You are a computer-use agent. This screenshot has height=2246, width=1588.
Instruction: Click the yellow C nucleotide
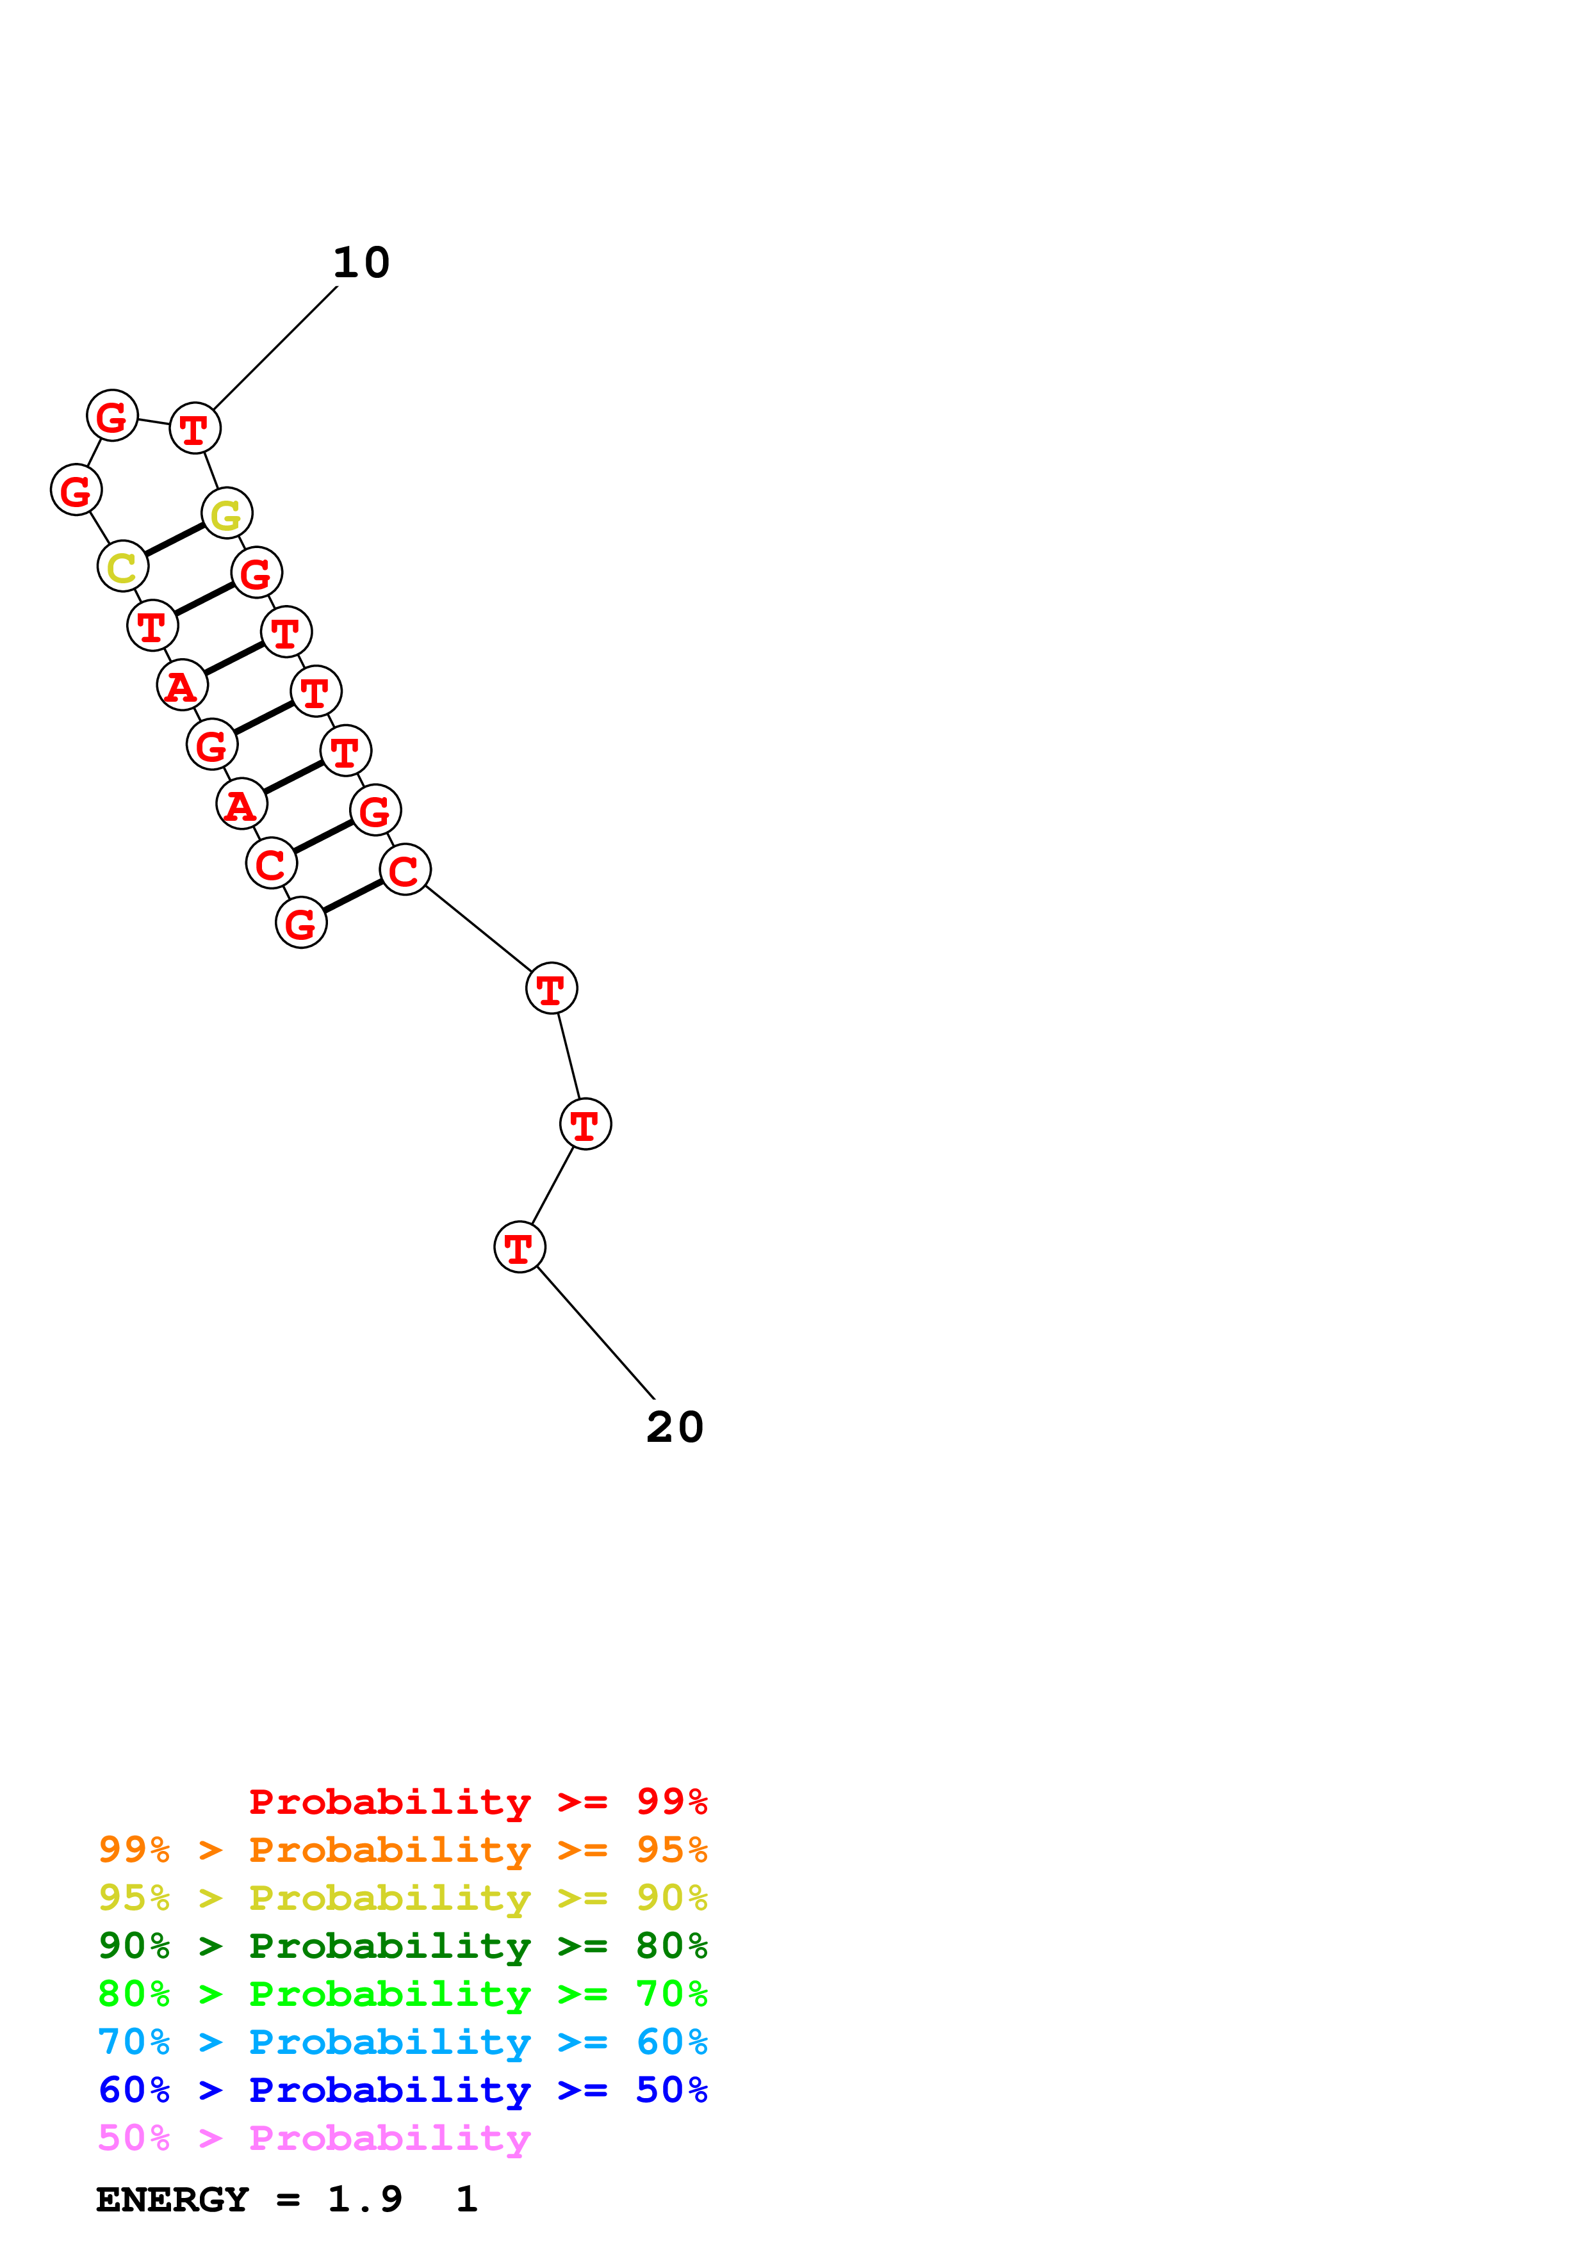pyautogui.click(x=122, y=567)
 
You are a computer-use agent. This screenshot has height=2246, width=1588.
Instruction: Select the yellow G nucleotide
pyautogui.click(x=227, y=513)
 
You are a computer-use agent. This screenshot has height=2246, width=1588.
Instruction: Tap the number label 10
pyautogui.click(x=361, y=262)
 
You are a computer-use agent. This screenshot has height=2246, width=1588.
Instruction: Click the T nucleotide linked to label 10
pyautogui.click(x=195, y=428)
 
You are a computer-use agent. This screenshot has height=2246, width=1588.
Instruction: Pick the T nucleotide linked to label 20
pyautogui.click(x=520, y=1247)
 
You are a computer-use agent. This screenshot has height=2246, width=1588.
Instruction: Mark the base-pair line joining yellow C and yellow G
pyautogui.click(x=175, y=540)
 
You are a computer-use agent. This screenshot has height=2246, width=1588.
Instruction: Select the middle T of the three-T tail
pyautogui.click(x=585, y=1125)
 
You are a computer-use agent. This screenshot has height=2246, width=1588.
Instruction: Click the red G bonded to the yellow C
pyautogui.click(x=76, y=490)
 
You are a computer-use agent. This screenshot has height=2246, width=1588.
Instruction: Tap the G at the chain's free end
pyautogui.click(x=301, y=923)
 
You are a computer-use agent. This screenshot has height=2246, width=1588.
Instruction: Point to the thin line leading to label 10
pyautogui.click(x=276, y=347)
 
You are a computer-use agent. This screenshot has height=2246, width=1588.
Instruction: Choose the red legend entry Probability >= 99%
pyautogui.click(x=477, y=1802)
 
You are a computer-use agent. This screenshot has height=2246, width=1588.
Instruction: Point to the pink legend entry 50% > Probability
pyautogui.click(x=314, y=2137)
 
